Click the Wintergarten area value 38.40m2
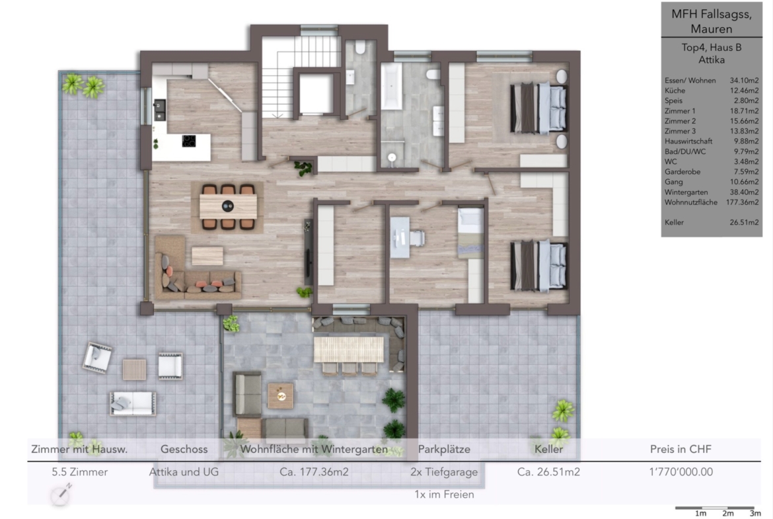tap(744, 192)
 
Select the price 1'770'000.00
tap(681, 471)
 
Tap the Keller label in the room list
tap(674, 223)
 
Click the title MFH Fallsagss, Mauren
tap(712, 21)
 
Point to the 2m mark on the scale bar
tap(727, 513)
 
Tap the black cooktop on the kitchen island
tap(189, 141)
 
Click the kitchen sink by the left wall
tap(160, 110)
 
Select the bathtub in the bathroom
tap(391, 86)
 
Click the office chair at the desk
tap(417, 238)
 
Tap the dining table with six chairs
tap(228, 207)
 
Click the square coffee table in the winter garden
tap(281, 395)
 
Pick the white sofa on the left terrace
tap(133, 403)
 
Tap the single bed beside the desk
tap(470, 233)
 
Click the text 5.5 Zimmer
tap(79, 472)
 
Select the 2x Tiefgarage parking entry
tap(444, 472)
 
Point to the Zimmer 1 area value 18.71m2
tap(744, 111)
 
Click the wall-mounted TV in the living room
tap(308, 252)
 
